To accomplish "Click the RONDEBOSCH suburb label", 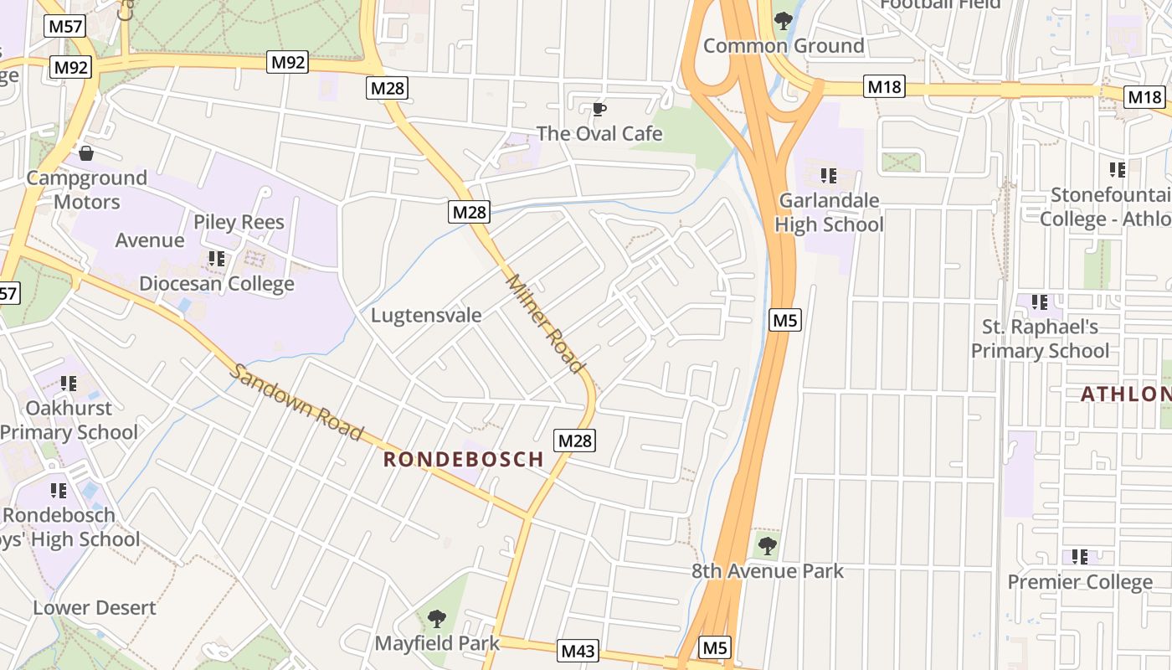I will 464,459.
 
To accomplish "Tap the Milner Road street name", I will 544,324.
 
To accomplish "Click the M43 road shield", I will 578,651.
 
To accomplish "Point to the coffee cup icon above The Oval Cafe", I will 599,110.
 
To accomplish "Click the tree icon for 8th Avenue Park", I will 767,546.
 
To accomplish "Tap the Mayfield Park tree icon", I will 436,619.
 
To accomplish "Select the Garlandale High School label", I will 829,213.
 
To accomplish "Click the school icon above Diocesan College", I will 217,259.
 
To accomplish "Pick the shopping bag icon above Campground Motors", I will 85,153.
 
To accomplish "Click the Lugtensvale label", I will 426,316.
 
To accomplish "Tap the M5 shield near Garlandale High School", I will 785,319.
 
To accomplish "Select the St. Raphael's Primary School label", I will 1040,338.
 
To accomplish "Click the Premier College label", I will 1080,582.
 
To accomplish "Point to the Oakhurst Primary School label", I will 69,420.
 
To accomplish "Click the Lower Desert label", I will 95,608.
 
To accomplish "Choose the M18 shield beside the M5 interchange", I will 885,86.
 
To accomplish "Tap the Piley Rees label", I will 239,222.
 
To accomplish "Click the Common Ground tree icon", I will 784,20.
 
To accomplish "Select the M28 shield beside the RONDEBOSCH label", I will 575,441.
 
